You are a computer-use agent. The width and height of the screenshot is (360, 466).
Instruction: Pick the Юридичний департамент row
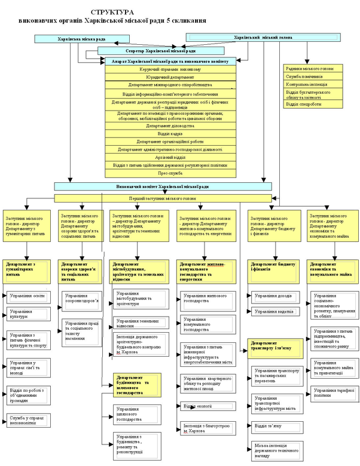[x=170, y=77]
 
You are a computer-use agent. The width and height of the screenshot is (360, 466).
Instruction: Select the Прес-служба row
[x=170, y=173]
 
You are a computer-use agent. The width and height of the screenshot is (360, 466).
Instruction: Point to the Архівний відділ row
[x=170, y=157]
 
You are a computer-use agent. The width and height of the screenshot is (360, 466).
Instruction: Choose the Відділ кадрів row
[x=170, y=133]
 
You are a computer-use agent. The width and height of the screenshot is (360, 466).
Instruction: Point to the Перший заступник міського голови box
[x=162, y=198]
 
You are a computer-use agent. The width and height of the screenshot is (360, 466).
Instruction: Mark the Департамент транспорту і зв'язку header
[x=274, y=344]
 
